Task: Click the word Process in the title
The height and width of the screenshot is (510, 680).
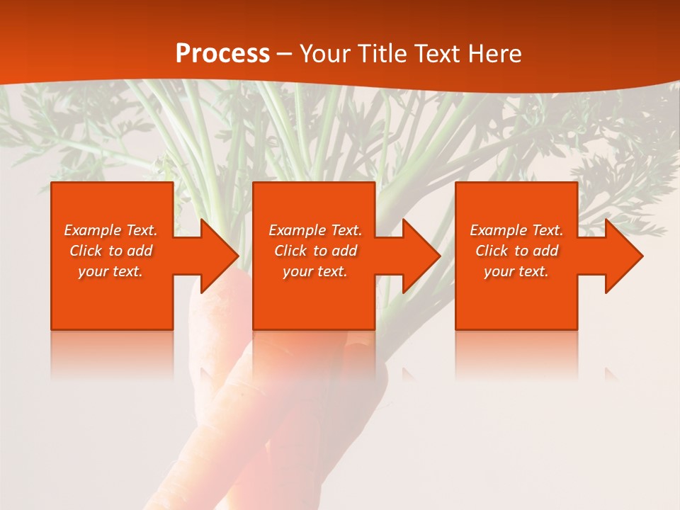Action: point(222,54)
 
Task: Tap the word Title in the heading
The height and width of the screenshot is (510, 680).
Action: point(383,54)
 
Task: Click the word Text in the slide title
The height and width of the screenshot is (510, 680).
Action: point(438,54)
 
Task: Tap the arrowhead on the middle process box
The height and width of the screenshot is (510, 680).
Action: point(420,256)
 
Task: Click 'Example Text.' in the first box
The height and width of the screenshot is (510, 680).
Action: point(110,230)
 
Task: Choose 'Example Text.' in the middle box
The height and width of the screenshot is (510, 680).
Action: point(315,230)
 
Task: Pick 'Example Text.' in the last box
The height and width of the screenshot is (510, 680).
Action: point(516,230)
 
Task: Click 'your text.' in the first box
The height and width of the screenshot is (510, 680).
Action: point(110,271)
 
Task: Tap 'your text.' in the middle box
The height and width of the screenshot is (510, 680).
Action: point(315,271)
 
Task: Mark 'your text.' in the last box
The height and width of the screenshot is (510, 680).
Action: point(516,271)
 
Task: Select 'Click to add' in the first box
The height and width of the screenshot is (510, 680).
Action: point(110,251)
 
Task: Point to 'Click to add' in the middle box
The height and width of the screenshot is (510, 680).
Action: point(315,251)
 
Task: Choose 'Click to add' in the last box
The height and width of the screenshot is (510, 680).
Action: point(516,251)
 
